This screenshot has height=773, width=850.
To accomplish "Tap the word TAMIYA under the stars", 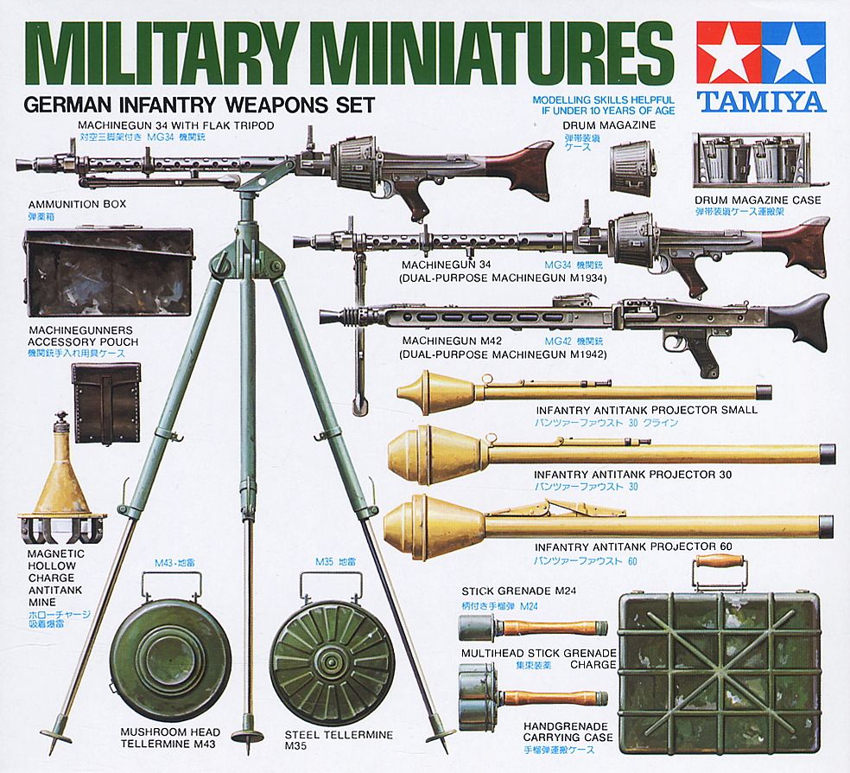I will point(761,101).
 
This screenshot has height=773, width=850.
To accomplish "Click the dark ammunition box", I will point(107,272).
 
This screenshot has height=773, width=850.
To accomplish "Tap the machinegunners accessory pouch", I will point(105,401).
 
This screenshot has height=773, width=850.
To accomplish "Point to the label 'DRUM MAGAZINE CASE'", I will point(757,200).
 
